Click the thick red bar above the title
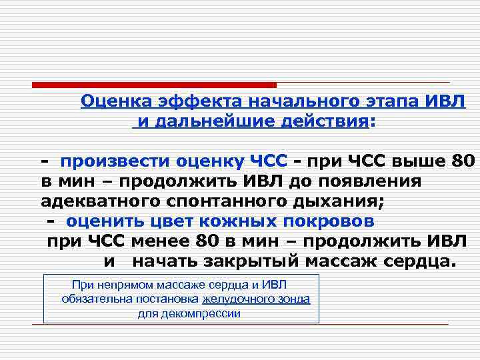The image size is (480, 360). (x=153, y=85)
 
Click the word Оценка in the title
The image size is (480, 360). (x=117, y=102)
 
